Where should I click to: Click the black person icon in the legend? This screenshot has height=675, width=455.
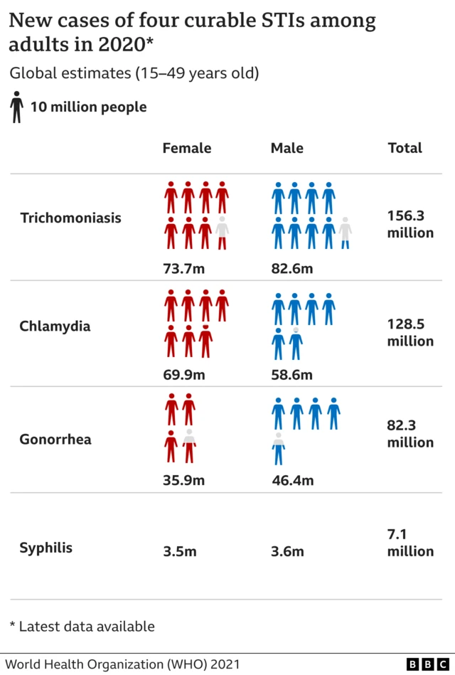click(x=16, y=107)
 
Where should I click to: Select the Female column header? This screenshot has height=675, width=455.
click(x=187, y=148)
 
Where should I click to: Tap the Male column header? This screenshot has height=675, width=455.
click(x=287, y=148)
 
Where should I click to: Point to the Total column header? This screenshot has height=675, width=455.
click(x=405, y=148)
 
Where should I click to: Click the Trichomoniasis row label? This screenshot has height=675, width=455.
click(x=70, y=218)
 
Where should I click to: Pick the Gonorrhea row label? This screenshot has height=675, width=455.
click(x=55, y=439)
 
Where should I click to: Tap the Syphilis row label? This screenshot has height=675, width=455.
click(x=45, y=548)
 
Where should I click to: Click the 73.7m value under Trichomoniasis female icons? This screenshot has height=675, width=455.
click(x=183, y=268)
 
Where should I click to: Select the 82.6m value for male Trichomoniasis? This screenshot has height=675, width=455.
click(x=291, y=268)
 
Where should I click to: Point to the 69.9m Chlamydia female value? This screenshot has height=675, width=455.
click(x=183, y=375)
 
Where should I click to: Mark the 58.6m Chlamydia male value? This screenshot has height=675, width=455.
click(x=291, y=375)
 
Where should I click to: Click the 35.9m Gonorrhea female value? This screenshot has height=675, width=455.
click(x=183, y=480)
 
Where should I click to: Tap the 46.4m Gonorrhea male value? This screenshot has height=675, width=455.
click(x=292, y=480)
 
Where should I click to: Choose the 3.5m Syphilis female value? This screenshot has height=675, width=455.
click(x=179, y=551)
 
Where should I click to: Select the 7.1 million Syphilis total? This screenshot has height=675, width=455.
click(x=410, y=543)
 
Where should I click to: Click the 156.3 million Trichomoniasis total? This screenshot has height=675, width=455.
click(x=410, y=224)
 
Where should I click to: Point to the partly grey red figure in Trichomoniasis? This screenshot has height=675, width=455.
click(x=223, y=233)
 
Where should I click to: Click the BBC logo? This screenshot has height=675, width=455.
click(x=429, y=664)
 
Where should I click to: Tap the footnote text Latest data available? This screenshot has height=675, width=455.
click(x=86, y=627)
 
